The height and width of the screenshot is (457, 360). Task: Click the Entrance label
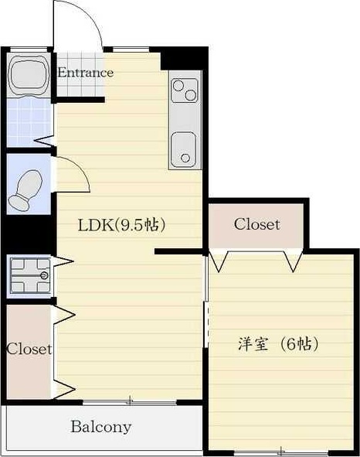tap(85, 73)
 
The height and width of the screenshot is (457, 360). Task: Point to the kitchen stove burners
tap(185, 91)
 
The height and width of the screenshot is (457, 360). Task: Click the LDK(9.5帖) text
tap(122, 226)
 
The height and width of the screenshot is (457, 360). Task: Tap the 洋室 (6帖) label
tap(278, 343)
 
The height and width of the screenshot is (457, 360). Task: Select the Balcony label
tap(101, 426)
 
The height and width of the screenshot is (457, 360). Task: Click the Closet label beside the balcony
tap(29, 349)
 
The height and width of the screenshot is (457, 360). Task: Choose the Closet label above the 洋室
tap(257, 224)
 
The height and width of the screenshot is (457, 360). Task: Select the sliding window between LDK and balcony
tap(130, 401)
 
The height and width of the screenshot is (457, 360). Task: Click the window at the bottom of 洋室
tap(280, 451)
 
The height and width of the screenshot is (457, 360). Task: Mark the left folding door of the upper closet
tap(219, 261)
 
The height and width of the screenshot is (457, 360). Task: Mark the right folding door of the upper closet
tap(294, 261)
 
